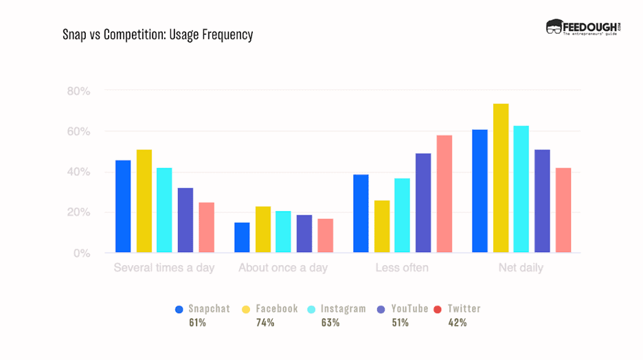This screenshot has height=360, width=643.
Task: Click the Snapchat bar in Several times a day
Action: pyautogui.click(x=123, y=206)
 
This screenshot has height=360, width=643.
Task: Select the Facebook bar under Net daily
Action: pyautogui.click(x=501, y=178)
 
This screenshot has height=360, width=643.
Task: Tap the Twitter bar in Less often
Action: pyautogui.click(x=444, y=194)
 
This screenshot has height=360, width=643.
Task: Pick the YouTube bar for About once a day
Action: pyautogui.click(x=304, y=234)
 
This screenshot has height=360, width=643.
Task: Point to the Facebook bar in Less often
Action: pyautogui.click(x=382, y=226)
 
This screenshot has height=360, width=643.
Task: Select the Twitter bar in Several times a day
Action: pyautogui.click(x=206, y=227)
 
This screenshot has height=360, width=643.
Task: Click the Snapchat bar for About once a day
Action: pyautogui.click(x=242, y=237)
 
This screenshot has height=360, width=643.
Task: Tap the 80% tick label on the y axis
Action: pyautogui.click(x=78, y=91)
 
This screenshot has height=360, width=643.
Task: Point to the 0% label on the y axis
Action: pyautogui.click(x=82, y=253)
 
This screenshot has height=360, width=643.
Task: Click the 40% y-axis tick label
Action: pyautogui.click(x=78, y=172)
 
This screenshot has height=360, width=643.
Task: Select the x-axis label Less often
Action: pyautogui.click(x=402, y=268)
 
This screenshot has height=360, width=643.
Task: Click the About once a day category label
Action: pyautogui.click(x=283, y=268)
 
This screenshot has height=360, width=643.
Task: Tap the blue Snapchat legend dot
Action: pyautogui.click(x=179, y=309)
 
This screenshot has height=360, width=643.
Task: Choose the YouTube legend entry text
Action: pyautogui.click(x=409, y=309)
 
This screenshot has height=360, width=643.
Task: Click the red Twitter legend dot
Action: pyautogui.click(x=438, y=309)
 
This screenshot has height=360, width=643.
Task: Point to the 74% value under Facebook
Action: pyautogui.click(x=266, y=323)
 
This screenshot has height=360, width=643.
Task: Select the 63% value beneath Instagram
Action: pyautogui.click(x=330, y=323)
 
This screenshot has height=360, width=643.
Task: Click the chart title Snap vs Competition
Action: pyautogui.click(x=157, y=34)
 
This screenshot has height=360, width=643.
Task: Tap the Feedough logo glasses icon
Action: pyautogui.click(x=554, y=27)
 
